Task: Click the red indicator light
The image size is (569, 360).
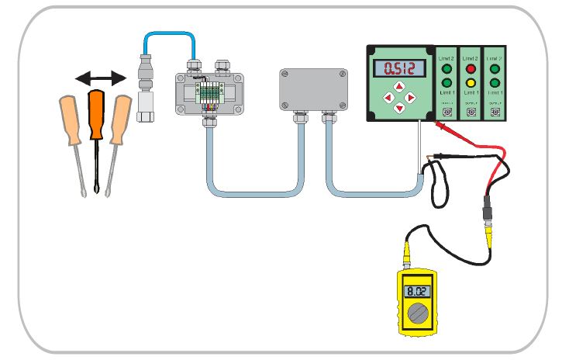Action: tap(469, 68)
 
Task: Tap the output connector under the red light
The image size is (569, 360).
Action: tap(469, 112)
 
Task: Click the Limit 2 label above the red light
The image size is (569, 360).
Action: tap(469, 57)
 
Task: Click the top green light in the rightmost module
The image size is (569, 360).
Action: tap(494, 68)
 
